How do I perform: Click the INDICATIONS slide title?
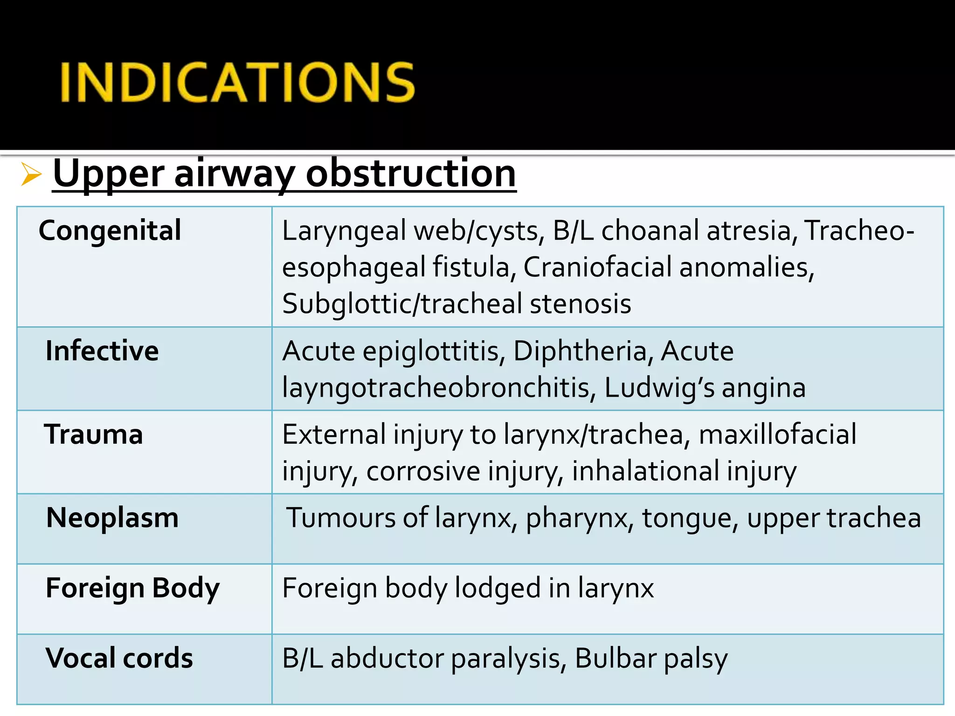pos(237,83)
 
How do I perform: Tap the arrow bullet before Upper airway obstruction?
pos(31,175)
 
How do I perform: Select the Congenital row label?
pos(110,230)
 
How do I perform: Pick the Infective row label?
pos(102,351)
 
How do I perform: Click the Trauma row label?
pos(93,434)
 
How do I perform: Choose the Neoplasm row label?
pos(112,518)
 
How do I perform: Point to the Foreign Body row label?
pos(132,588)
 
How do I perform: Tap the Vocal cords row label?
pos(119,658)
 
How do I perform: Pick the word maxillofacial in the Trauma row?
pos(777,434)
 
